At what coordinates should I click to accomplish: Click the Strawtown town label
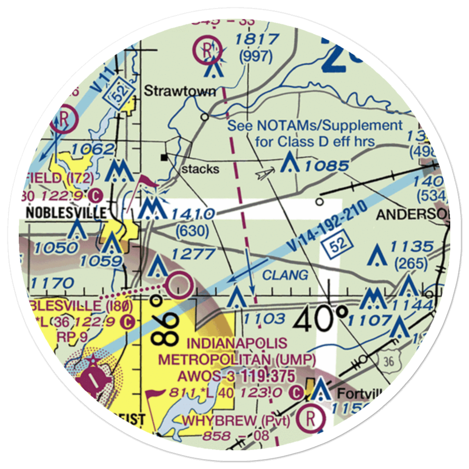point(180,91)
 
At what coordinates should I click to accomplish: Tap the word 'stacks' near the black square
point(200,169)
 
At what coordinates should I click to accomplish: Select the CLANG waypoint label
point(285,275)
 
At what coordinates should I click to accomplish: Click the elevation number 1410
point(193,214)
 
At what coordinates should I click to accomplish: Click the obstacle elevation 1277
point(193,254)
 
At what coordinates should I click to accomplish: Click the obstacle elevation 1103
point(264,319)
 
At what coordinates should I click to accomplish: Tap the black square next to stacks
point(164,157)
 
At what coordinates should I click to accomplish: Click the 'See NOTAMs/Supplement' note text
point(315,126)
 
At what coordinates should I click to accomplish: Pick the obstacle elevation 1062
point(93,150)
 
